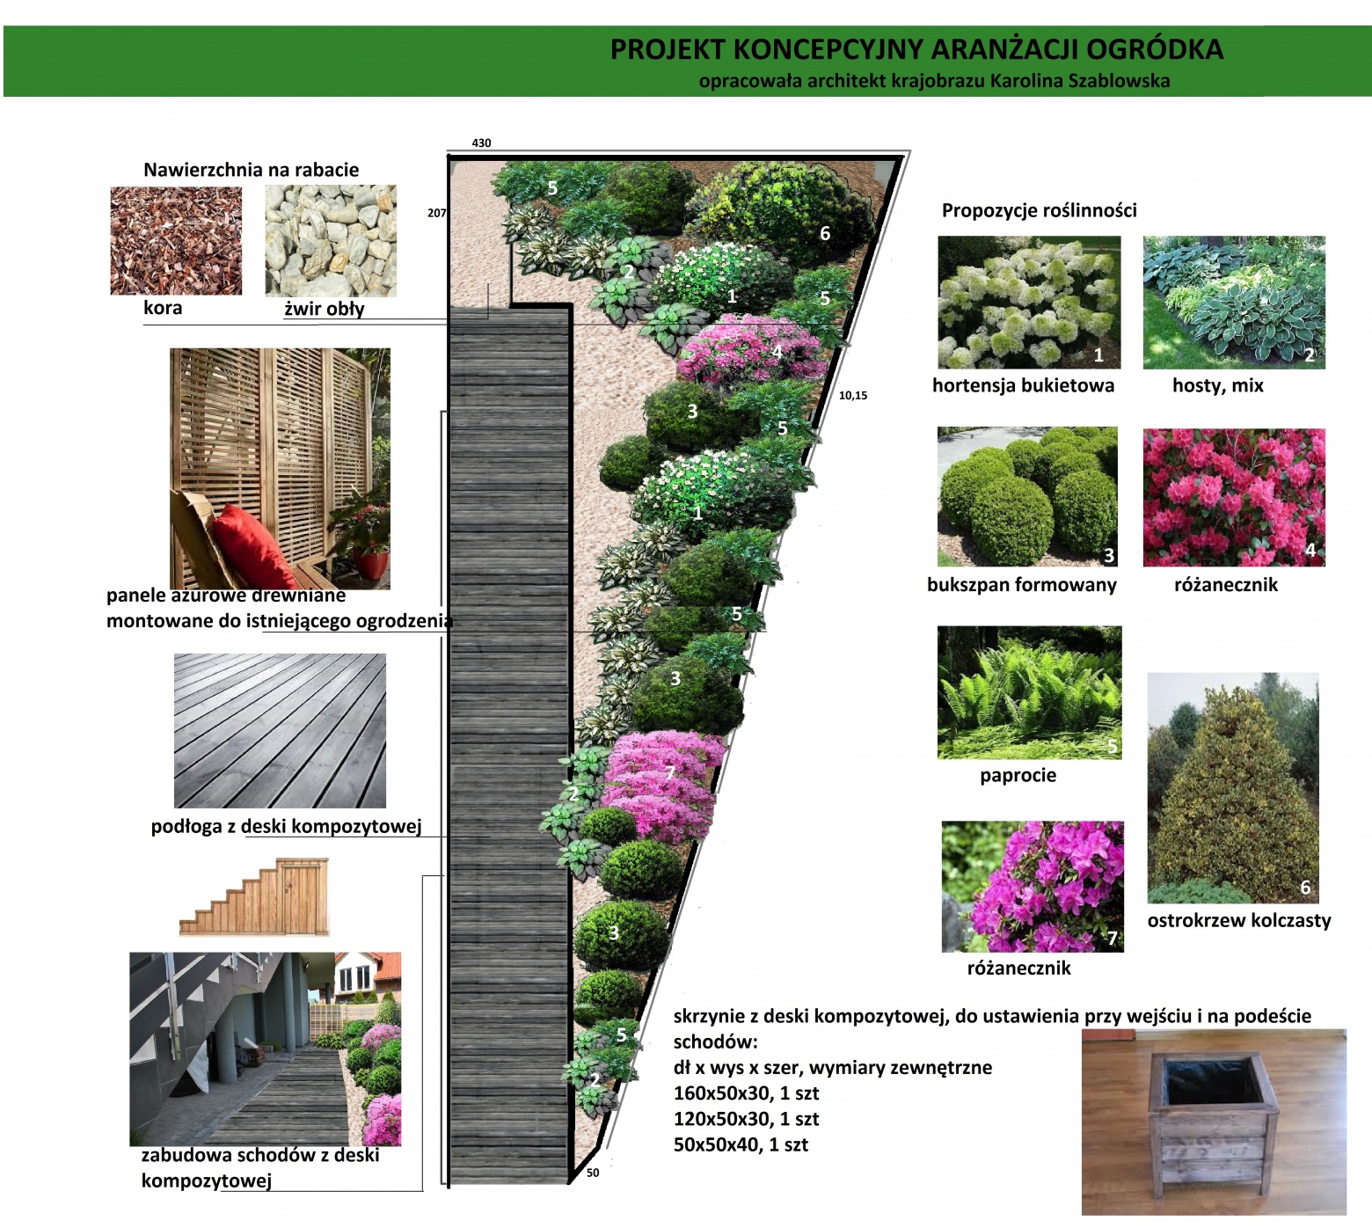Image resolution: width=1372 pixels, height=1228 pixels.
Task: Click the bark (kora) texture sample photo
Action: (176, 240)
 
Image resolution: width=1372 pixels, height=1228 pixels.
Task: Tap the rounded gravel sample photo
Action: (331, 240)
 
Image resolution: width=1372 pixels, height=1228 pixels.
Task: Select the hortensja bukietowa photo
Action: (1029, 302)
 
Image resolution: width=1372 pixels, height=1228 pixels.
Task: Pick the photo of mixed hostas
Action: (1234, 302)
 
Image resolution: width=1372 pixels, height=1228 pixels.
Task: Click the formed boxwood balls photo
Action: (1027, 497)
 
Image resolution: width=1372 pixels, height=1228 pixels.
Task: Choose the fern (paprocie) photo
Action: (1029, 692)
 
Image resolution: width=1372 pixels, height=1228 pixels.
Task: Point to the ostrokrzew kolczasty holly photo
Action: (1233, 788)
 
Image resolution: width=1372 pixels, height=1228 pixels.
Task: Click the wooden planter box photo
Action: (1214, 1122)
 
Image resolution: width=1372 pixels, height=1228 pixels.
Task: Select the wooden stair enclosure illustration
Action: (253, 897)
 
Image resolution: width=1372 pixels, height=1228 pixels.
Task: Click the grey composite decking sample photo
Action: (280, 730)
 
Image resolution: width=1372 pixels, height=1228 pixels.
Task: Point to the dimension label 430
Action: (482, 143)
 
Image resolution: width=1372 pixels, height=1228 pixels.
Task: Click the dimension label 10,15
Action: (853, 395)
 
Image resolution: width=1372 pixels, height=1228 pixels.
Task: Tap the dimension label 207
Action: (437, 213)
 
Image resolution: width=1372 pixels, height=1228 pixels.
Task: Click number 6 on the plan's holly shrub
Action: (825, 233)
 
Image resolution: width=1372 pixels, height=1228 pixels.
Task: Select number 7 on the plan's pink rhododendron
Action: (670, 772)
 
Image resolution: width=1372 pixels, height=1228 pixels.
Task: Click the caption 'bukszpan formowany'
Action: (1022, 585)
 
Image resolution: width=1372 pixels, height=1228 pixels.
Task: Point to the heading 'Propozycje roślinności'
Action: (1040, 210)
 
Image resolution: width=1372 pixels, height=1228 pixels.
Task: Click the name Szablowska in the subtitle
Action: (1119, 81)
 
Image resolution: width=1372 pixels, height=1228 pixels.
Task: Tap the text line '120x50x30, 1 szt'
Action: (746, 1119)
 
